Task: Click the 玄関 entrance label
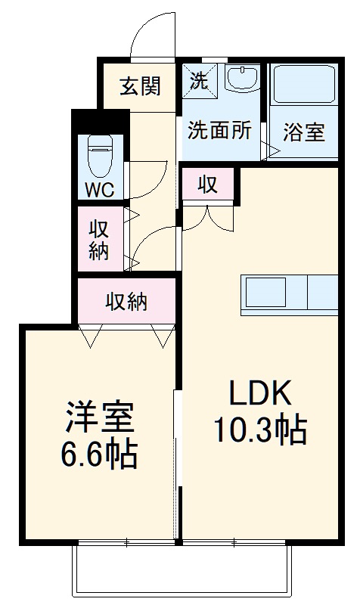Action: click(x=141, y=86)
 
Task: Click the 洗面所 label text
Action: click(x=219, y=130)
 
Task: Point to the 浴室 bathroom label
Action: click(x=304, y=132)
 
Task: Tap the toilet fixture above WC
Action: click(x=99, y=154)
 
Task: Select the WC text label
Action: click(x=99, y=189)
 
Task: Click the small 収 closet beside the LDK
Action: click(x=209, y=185)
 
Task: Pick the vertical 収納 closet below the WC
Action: click(x=99, y=239)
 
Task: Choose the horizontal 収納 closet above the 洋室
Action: click(x=126, y=302)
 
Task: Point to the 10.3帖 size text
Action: click(x=259, y=431)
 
